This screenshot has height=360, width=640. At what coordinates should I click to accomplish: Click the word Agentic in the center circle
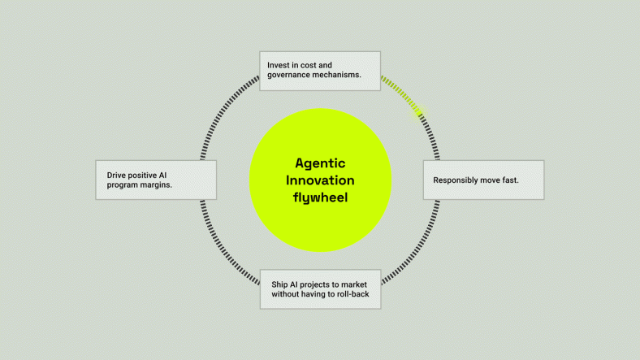(x=320, y=163)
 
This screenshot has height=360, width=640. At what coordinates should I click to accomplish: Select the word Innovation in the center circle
(x=320, y=180)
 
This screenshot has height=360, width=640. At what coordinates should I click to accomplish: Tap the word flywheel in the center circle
(x=320, y=197)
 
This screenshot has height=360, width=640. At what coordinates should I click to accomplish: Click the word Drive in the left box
(x=119, y=175)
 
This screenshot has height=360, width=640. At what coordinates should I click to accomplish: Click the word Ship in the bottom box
(x=280, y=284)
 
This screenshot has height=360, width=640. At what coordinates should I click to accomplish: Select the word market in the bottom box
(x=361, y=284)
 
